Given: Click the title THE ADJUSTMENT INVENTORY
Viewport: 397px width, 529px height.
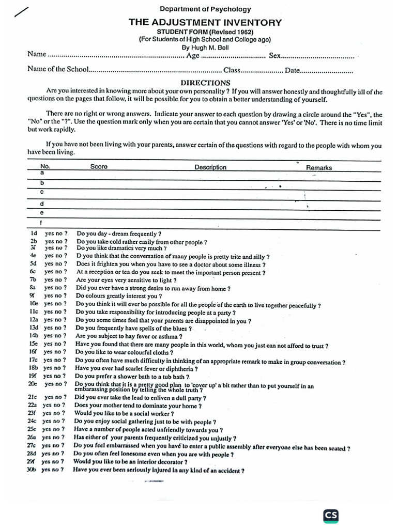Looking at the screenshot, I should pos(205,22).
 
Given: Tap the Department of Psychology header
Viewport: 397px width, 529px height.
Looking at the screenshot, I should pos(205,9).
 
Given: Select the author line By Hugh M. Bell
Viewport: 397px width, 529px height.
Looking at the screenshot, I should pos(205,47).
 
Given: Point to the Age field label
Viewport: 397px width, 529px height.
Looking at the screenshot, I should pos(193,55).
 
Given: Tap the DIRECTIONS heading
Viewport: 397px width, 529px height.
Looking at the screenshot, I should pos(205,83).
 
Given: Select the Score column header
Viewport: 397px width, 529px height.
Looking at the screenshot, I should pos(99,167).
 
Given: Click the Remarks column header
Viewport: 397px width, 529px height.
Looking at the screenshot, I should pos(319,167).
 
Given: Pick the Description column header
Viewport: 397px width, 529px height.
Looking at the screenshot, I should pos(210,167).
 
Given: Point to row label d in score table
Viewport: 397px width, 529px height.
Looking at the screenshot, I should pos(42,204).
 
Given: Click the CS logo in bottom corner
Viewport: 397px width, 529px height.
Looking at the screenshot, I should pos(331,516).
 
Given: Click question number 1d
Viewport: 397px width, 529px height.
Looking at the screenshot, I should pos(34,234).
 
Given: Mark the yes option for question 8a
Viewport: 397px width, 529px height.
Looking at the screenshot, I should pos(49,288).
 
